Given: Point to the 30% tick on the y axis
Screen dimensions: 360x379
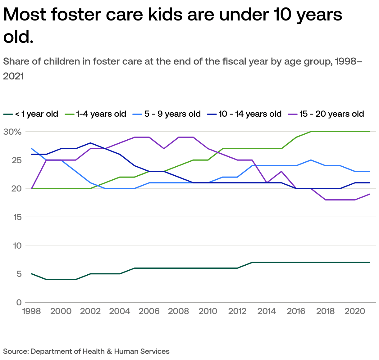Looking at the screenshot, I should pyautogui.click(x=12, y=132).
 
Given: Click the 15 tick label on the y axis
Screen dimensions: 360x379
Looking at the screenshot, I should pyautogui.click(x=17, y=217).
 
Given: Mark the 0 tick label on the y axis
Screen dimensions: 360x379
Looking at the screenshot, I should pyautogui.click(x=19, y=302).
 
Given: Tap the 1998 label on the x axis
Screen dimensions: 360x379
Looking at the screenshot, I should pyautogui.click(x=32, y=311).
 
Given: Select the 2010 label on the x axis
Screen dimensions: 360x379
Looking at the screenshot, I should pyautogui.click(x=208, y=311).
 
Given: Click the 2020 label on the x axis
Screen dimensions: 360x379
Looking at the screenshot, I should pyautogui.click(x=355, y=311).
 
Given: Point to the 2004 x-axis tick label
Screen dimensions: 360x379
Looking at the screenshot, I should pyautogui.click(x=120, y=311).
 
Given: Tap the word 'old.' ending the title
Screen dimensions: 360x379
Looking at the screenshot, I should pyautogui.click(x=18, y=37).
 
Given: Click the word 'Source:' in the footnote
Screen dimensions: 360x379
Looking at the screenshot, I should pyautogui.click(x=16, y=351).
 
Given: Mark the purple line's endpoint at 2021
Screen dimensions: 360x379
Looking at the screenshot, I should pyautogui.click(x=370, y=194).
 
